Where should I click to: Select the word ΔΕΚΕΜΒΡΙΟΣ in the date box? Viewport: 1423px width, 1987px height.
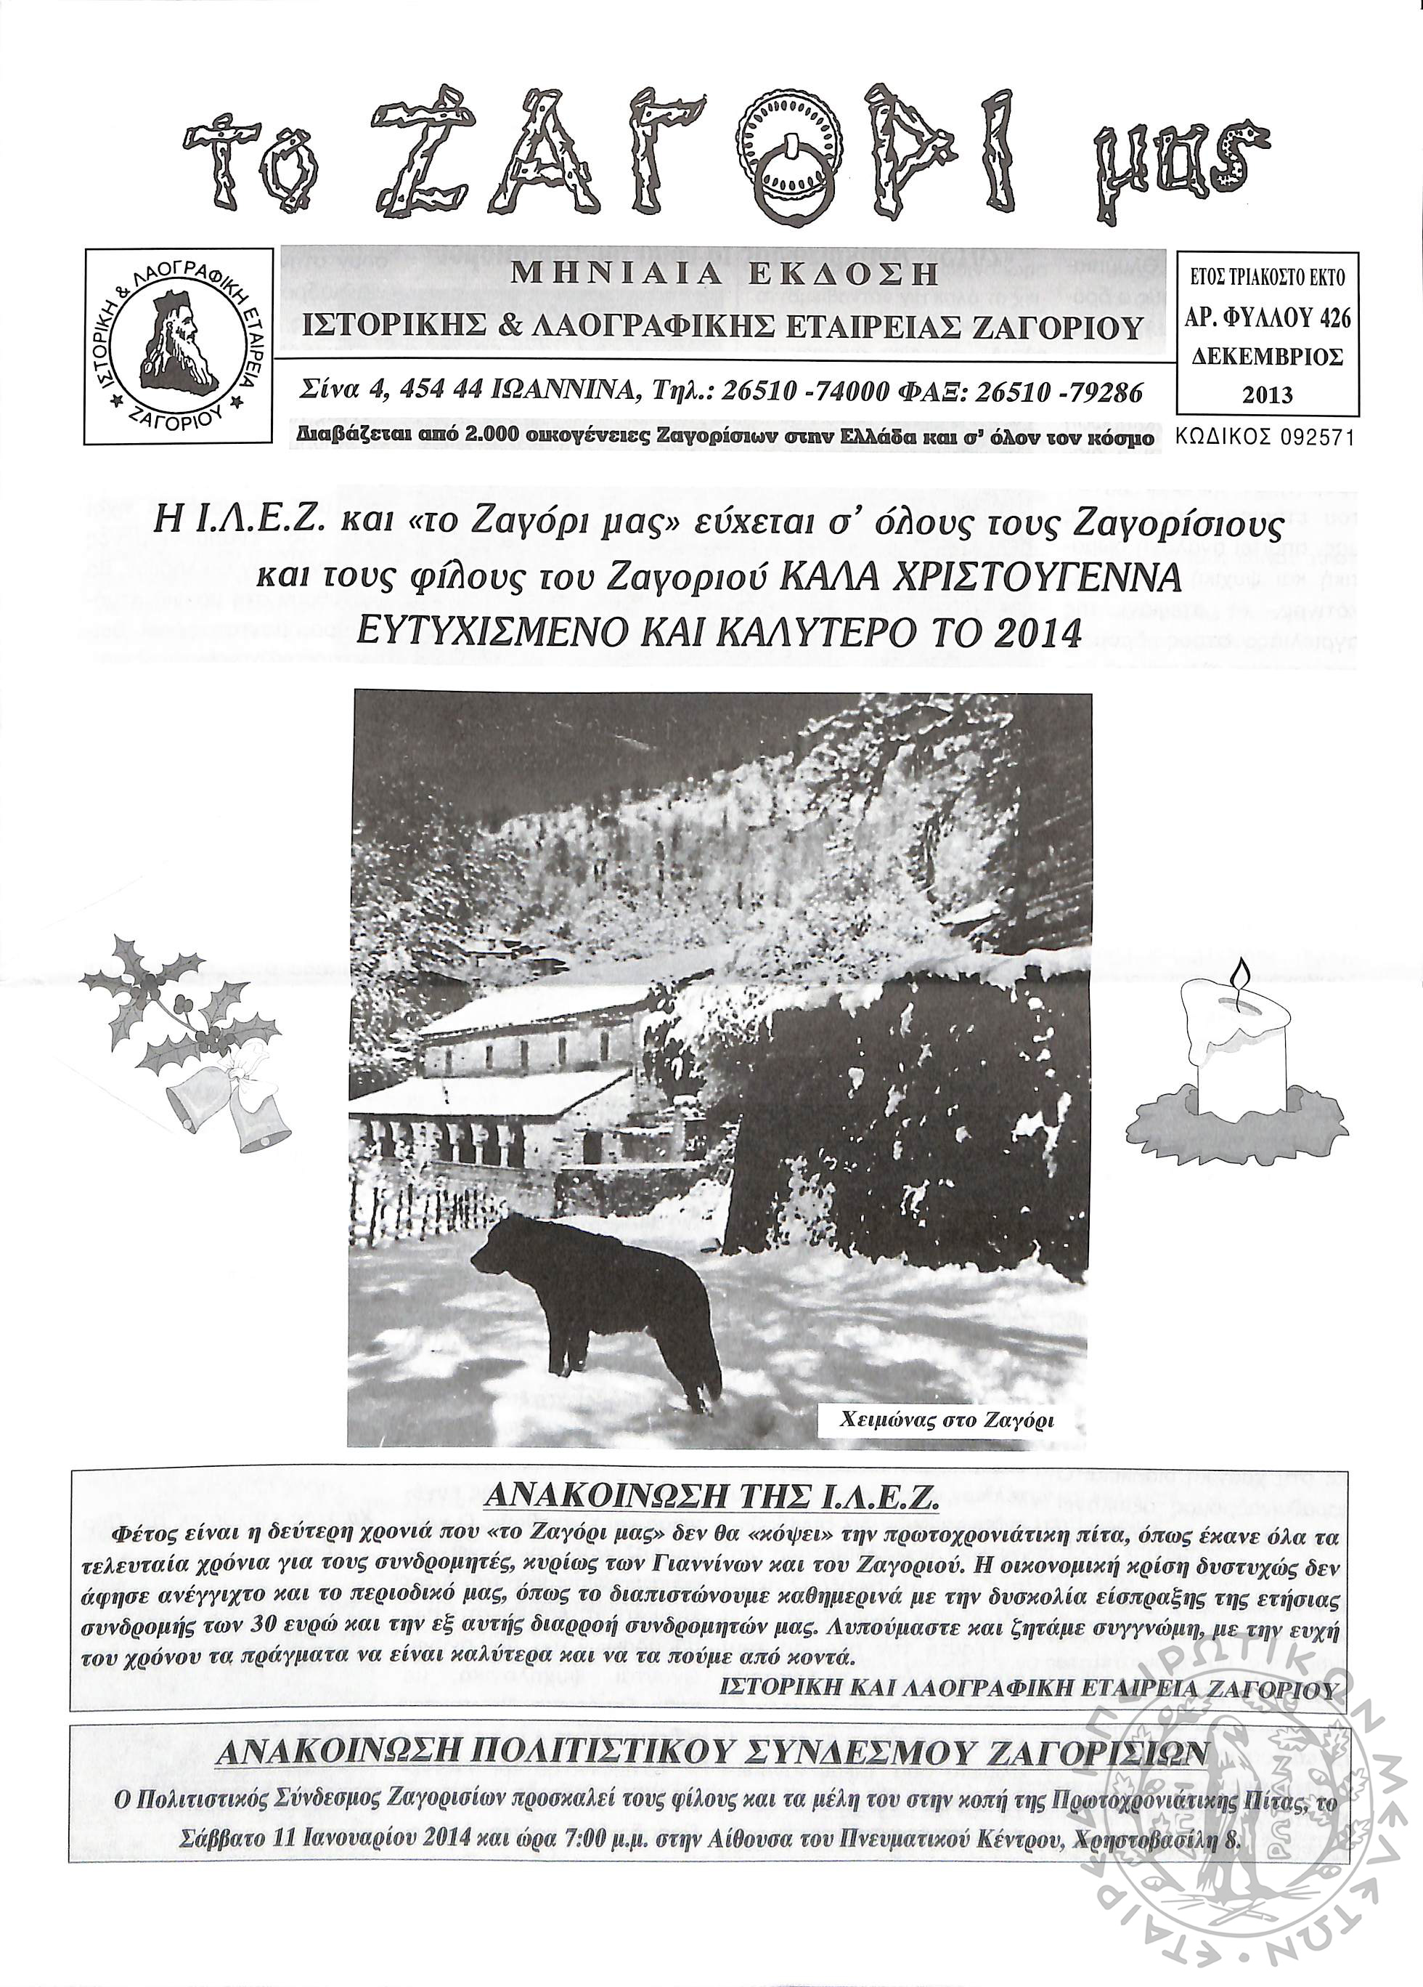click(x=1267, y=357)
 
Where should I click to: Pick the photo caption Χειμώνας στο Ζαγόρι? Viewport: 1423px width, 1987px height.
click(x=947, y=1421)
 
